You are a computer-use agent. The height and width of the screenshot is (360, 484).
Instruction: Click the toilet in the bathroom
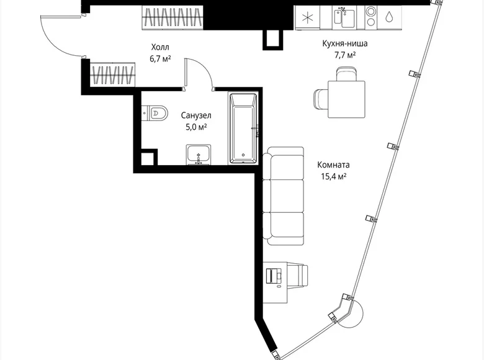click(x=156, y=112)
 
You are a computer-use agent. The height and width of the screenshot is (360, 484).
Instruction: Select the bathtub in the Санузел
click(x=242, y=129)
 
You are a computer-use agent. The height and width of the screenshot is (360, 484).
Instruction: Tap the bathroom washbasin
click(x=199, y=155)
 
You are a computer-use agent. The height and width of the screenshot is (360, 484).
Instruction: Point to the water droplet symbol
click(x=388, y=17)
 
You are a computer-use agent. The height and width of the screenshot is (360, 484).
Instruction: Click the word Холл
click(x=159, y=47)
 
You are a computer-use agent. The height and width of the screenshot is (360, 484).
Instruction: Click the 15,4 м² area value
click(x=333, y=176)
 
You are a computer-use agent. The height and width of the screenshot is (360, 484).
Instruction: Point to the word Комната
click(x=333, y=165)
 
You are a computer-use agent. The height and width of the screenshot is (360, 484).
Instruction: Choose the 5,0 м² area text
click(x=195, y=127)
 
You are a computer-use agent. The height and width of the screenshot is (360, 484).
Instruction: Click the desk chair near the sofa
click(x=298, y=274)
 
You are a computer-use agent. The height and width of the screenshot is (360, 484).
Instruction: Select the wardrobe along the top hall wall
click(x=173, y=17)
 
